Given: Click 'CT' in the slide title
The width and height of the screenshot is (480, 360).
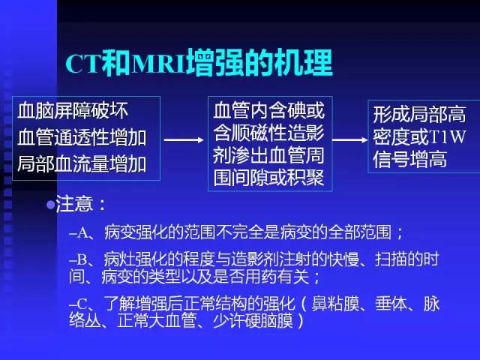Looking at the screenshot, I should [80, 65].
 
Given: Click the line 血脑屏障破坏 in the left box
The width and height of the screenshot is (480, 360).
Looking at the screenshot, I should [73, 112].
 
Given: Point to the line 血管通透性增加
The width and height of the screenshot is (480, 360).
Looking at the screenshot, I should [82, 137].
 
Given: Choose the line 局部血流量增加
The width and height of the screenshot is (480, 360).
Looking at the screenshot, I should [82, 162].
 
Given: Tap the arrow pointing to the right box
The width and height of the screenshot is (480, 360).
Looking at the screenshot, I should [349, 139].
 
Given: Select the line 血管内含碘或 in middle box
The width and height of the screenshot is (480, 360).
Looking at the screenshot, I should [268, 112].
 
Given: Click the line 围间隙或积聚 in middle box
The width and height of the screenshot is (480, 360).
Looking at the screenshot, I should [268, 179].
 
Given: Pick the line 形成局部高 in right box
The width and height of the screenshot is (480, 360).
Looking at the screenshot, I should [419, 115].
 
